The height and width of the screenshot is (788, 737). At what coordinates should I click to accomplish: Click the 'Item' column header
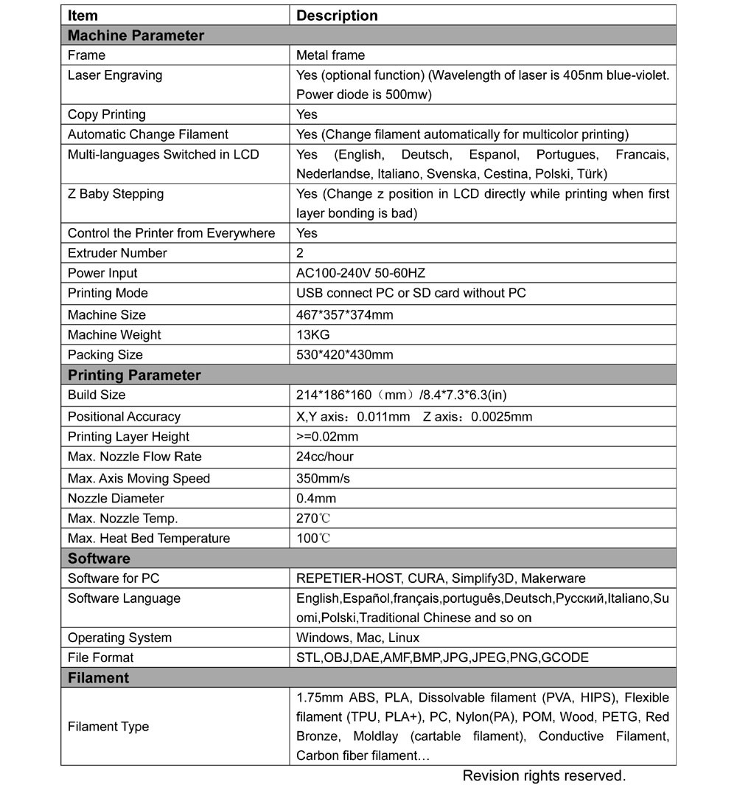83,15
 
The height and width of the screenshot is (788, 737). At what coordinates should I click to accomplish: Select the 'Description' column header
337,15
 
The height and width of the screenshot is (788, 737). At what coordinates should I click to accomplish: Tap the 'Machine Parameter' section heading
136,35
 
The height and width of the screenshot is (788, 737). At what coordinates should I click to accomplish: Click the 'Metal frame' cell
330,55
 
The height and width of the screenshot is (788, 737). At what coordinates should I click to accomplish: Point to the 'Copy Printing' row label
107,114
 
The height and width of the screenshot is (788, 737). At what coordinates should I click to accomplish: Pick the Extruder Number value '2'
300,253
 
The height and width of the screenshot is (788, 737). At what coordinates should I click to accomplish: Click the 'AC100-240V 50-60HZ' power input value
361,273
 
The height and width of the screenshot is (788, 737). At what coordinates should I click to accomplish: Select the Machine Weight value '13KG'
312,334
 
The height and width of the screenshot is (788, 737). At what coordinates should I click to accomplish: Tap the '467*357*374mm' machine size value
344,315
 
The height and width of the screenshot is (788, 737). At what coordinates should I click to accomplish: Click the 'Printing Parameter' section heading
134,375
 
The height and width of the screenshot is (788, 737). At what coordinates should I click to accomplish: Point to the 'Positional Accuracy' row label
124,417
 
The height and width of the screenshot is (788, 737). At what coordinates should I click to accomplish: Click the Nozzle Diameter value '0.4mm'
316,498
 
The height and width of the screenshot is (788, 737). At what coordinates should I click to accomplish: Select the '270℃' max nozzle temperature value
313,518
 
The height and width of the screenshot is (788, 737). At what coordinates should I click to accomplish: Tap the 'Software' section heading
99,558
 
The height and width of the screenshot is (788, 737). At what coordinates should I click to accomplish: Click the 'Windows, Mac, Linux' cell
357,637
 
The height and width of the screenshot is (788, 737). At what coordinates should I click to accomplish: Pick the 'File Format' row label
101,657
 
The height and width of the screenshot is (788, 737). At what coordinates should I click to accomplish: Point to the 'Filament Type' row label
108,727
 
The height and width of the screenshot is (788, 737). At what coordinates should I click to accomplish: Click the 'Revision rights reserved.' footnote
544,775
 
